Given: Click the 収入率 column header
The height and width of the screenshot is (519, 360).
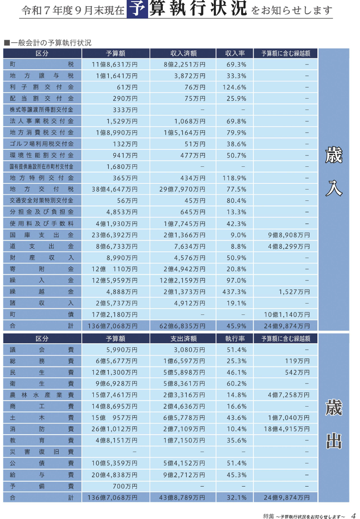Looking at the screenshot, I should [x=235, y=54].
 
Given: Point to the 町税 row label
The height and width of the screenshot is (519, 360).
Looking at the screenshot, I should [x=42, y=65].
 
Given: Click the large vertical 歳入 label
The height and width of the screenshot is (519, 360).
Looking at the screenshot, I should [x=334, y=172].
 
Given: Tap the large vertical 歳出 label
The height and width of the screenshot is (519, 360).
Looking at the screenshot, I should [x=334, y=424].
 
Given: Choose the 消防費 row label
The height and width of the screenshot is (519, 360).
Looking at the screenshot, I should [x=42, y=429].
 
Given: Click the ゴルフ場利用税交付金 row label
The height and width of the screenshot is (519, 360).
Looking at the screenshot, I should [x=42, y=144].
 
